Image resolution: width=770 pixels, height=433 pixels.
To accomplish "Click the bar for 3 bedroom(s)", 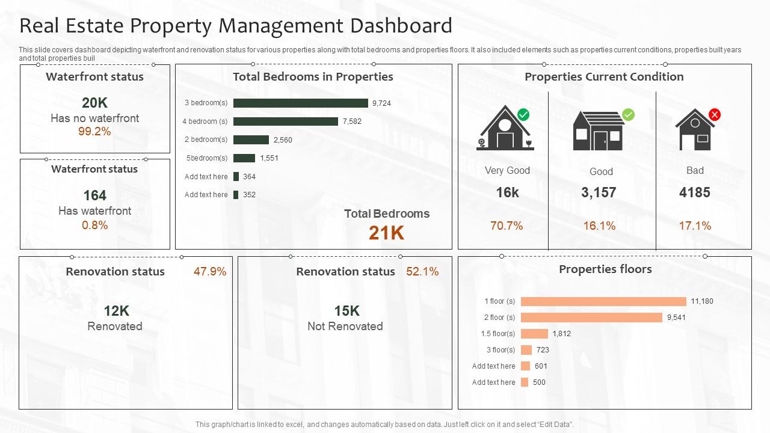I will click(300, 103).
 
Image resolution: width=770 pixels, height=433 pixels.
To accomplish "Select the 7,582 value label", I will click(352, 121).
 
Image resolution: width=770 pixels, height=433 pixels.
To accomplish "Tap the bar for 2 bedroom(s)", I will click(251, 140).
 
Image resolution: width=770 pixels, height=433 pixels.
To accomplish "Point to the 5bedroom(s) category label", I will click(207, 158).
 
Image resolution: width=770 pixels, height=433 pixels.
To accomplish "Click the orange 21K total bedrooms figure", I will click(386, 233).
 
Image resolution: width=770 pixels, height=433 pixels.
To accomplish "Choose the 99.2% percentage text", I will click(94, 132).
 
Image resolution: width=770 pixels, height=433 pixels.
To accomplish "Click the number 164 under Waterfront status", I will click(94, 195).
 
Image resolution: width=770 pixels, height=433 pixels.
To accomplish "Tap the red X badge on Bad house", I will click(714, 114).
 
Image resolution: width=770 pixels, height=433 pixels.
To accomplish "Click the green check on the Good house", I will click(628, 114).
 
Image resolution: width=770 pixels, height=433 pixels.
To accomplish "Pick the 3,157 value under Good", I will click(599, 192).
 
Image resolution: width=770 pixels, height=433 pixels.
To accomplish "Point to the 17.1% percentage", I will click(695, 226).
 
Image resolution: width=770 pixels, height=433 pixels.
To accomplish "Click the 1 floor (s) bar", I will click(603, 301).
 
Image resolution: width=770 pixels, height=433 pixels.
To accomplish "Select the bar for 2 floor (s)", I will click(591, 318).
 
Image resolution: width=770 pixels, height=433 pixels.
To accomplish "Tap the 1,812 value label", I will click(561, 334).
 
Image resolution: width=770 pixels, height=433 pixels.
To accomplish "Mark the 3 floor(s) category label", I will click(500, 350).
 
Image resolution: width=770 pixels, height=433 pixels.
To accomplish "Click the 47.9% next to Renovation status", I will click(210, 272).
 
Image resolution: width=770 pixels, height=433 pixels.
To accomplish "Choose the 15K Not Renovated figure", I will click(346, 311).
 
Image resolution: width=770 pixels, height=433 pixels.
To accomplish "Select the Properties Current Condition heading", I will click(604, 77).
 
